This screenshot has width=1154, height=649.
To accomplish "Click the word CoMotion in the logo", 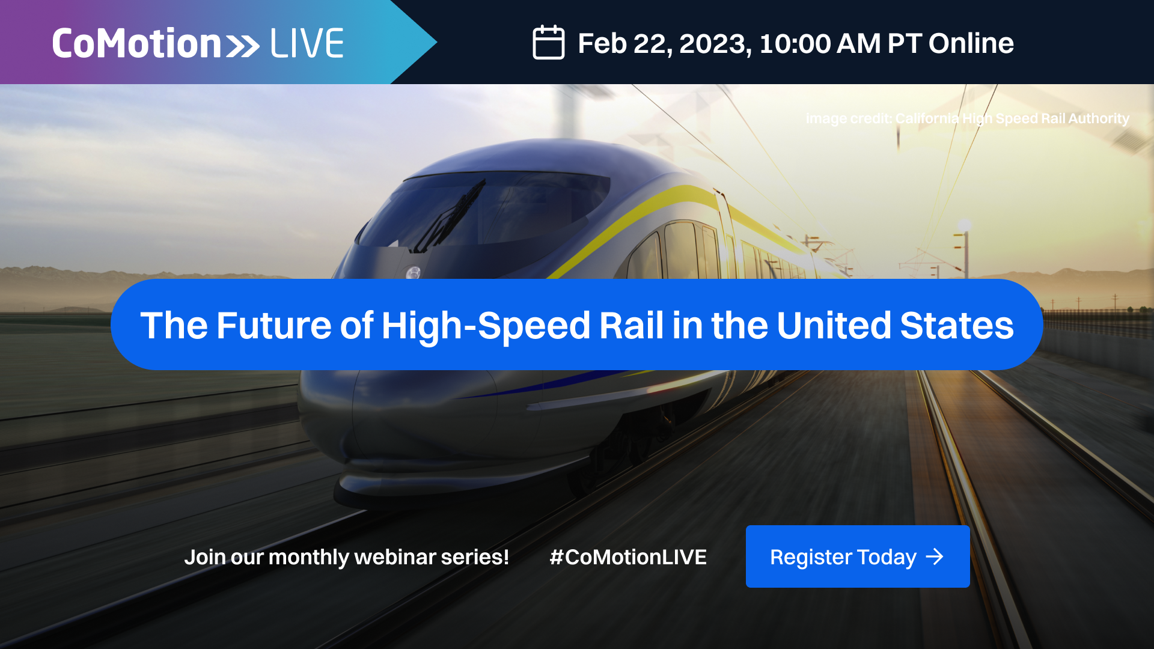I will (137, 43).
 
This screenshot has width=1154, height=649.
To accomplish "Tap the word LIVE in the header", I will (307, 43).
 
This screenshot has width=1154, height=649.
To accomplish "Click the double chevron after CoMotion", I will (243, 46).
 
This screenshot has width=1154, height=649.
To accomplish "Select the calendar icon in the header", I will (548, 43).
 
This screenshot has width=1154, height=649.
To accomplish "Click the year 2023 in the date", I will (714, 43).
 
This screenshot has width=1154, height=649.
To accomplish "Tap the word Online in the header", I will (971, 43).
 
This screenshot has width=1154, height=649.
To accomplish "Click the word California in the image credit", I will (927, 118).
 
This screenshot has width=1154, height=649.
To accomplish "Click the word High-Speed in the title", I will (486, 325).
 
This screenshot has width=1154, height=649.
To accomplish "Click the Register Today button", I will (857, 556).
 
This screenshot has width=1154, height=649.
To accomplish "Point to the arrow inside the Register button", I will (935, 556).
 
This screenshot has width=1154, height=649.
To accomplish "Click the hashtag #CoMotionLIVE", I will (627, 556).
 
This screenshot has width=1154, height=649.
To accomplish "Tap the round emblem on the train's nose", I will (413, 273).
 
